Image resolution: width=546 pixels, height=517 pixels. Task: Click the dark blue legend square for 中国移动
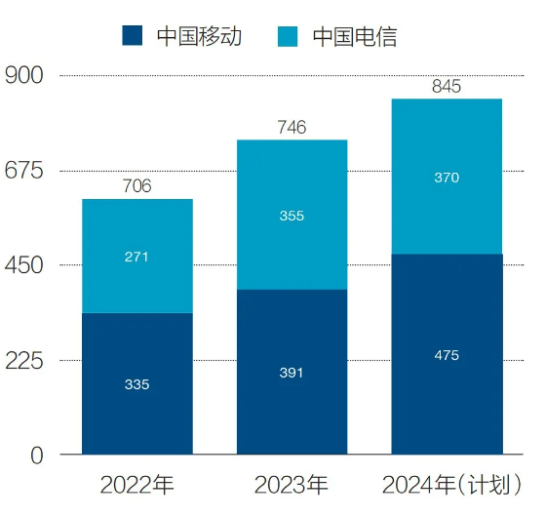(133, 35)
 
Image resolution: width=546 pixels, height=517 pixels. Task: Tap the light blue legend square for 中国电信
(288, 36)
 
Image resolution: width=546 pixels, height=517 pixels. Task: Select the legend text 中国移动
(199, 36)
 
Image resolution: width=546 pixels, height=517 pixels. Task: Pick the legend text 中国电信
(355, 37)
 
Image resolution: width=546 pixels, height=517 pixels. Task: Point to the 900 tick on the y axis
(24, 75)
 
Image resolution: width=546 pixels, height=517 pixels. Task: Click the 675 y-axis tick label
(24, 171)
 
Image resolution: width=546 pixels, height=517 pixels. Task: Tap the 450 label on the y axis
(24, 265)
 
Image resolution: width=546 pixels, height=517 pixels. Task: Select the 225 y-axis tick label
(24, 360)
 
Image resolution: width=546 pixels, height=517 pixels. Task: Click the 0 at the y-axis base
(37, 456)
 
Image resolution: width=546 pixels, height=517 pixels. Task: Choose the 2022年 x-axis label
(136, 485)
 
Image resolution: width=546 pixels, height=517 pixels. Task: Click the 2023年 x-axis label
(292, 485)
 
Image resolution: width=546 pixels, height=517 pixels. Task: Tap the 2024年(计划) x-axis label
(452, 485)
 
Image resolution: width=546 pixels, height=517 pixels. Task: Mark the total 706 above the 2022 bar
(137, 185)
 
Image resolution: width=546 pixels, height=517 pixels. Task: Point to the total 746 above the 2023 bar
(292, 127)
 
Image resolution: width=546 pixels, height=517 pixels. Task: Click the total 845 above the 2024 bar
(447, 87)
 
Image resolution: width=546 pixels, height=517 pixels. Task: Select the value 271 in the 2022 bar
(136, 258)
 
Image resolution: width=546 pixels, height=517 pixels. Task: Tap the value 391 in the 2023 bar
(292, 373)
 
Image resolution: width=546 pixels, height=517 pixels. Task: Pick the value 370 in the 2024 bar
(447, 178)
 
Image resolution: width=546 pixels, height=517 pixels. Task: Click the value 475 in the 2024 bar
(447, 355)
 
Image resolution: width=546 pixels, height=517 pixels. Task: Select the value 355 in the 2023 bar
(292, 216)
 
